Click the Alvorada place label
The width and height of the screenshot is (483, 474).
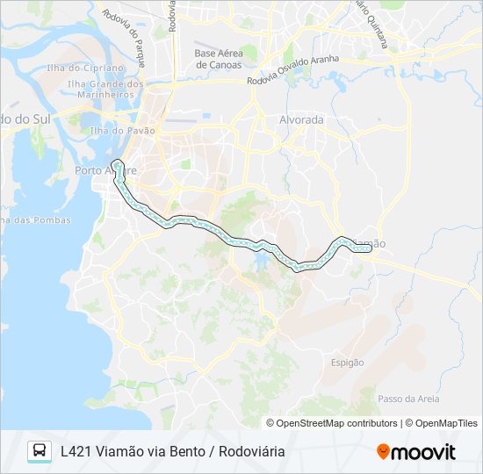(301, 119)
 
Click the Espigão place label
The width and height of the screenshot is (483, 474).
(347, 362)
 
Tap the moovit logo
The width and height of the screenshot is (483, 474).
(416, 452)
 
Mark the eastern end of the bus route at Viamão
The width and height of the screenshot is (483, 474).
(369, 248)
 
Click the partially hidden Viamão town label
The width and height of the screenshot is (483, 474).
(369, 243)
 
